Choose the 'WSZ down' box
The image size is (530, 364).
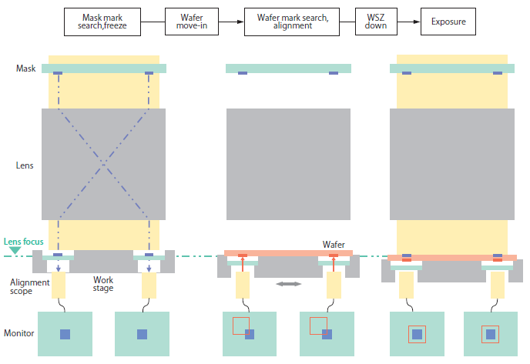pos(376,22)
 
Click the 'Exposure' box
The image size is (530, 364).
pos(448,22)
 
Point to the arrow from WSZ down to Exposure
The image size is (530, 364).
pos(409,22)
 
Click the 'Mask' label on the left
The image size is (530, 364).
pos(25,68)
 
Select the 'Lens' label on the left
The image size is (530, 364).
pos(25,165)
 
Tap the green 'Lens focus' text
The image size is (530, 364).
pos(22,242)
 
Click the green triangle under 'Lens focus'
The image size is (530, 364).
pos(15,251)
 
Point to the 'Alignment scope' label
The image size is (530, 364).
pos(29,287)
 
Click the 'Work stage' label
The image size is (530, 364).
pos(103,284)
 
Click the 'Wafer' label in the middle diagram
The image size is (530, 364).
pos(333,244)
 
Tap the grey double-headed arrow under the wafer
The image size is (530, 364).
pos(289,284)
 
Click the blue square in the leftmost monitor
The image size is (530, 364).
pos(65,334)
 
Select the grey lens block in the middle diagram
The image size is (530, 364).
pos(288,165)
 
